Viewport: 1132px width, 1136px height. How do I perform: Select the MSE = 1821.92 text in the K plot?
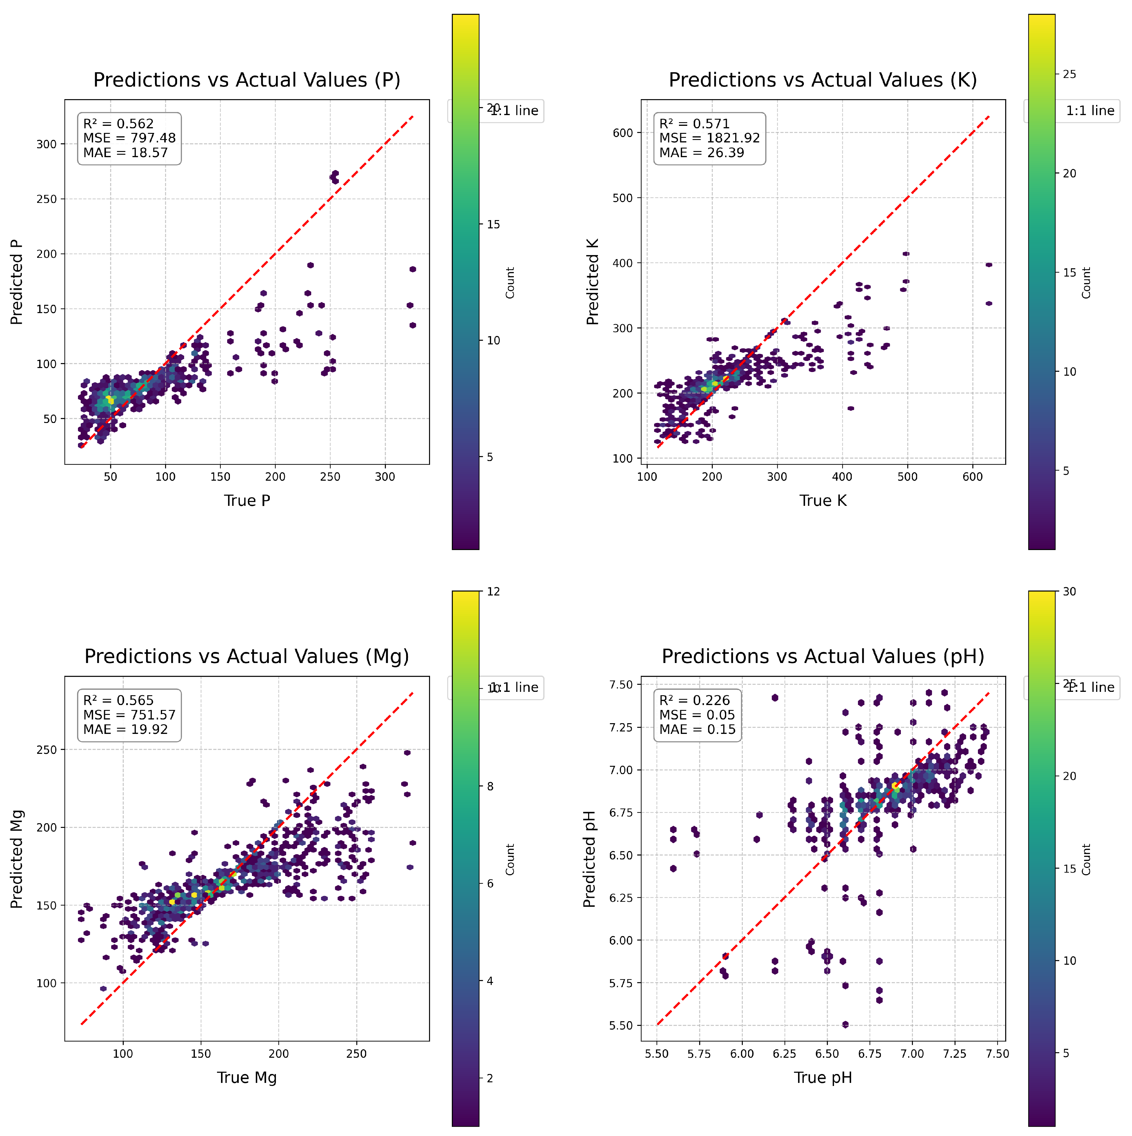tap(709, 138)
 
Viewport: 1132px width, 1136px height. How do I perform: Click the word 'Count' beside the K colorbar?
tap(1086, 283)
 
